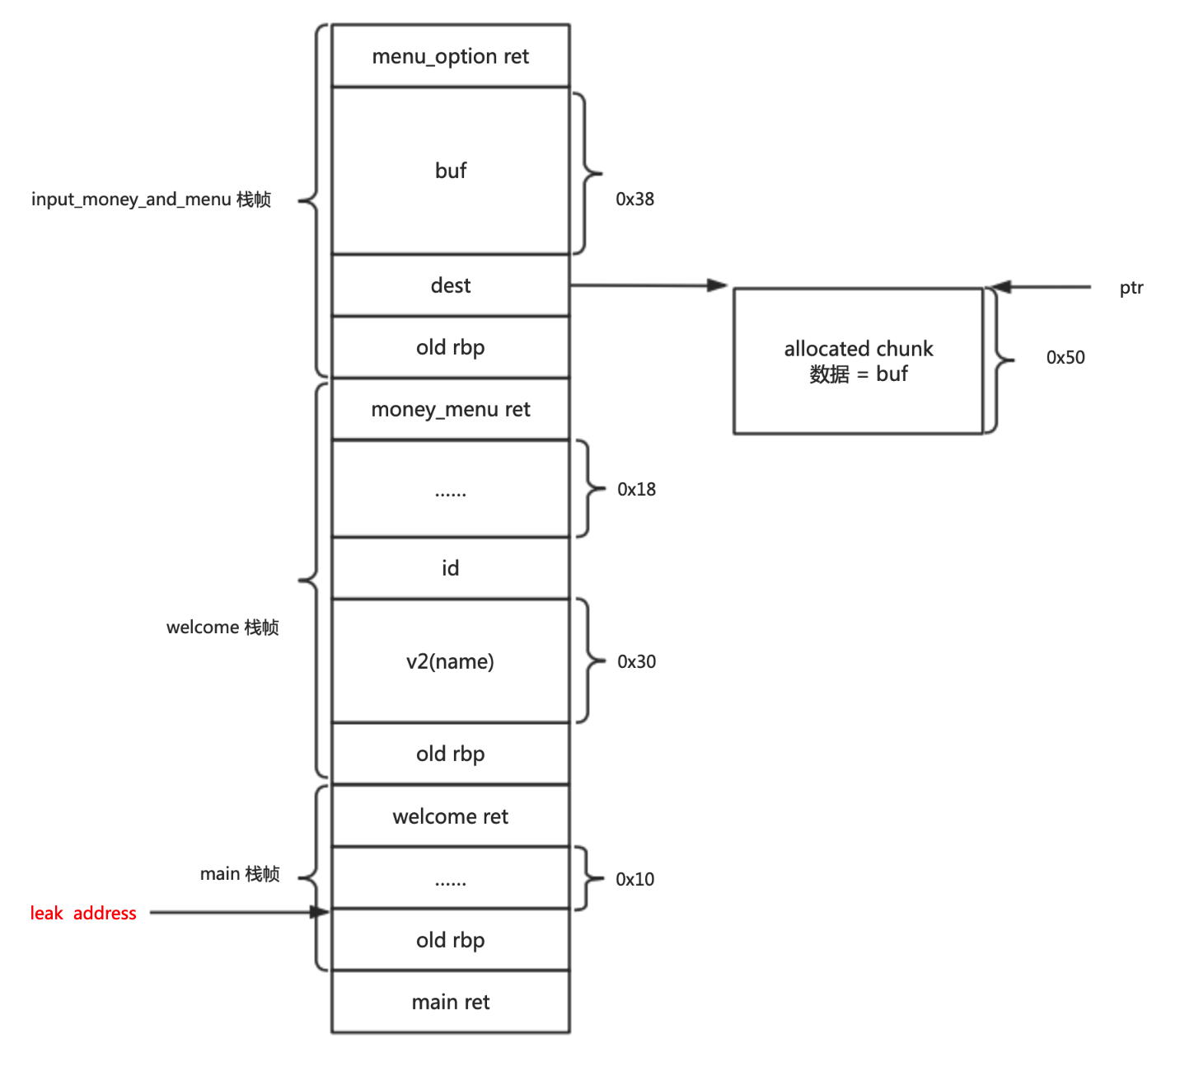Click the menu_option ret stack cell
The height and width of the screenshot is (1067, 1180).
pyautogui.click(x=451, y=56)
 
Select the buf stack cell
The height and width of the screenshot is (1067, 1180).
pyautogui.click(x=451, y=171)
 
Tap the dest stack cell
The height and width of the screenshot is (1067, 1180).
pyautogui.click(x=451, y=285)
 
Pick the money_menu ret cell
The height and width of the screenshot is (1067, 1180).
pyautogui.click(x=451, y=409)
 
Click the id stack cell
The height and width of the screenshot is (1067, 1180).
pyautogui.click(x=451, y=568)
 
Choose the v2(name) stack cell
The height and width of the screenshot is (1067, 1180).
pyautogui.click(x=451, y=661)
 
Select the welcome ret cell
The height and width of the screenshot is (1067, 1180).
pyautogui.click(x=451, y=816)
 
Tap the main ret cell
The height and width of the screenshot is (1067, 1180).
pyautogui.click(x=451, y=1002)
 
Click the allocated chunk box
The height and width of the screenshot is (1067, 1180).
pyautogui.click(x=858, y=361)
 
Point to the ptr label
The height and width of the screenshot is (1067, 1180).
pyautogui.click(x=1131, y=288)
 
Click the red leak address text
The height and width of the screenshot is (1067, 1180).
pyautogui.click(x=83, y=913)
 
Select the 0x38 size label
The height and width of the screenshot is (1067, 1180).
pyautogui.click(x=635, y=199)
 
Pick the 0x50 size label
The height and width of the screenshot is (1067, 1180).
pyautogui.click(x=1065, y=357)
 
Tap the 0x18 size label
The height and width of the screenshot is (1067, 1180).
pyautogui.click(x=637, y=489)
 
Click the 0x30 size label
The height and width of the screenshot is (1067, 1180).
pyautogui.click(x=637, y=661)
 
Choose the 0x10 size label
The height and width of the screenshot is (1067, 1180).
pyautogui.click(x=635, y=879)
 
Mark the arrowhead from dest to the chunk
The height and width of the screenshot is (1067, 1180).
pyautogui.click(x=718, y=285)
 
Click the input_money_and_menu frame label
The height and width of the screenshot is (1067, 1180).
pyautogui.click(x=151, y=200)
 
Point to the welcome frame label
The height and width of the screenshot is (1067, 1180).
pyautogui.click(x=222, y=628)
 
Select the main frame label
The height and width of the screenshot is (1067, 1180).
pyautogui.click(x=240, y=874)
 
